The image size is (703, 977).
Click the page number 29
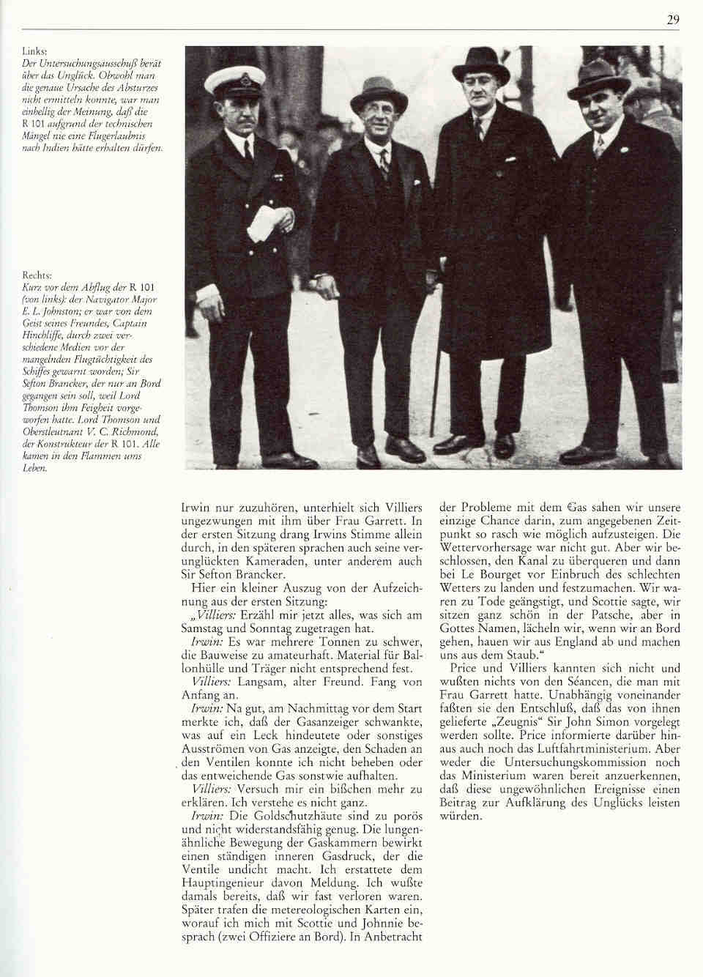pos(673,20)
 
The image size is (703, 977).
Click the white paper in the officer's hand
pos(262,223)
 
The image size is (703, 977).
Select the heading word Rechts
pos(37,278)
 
